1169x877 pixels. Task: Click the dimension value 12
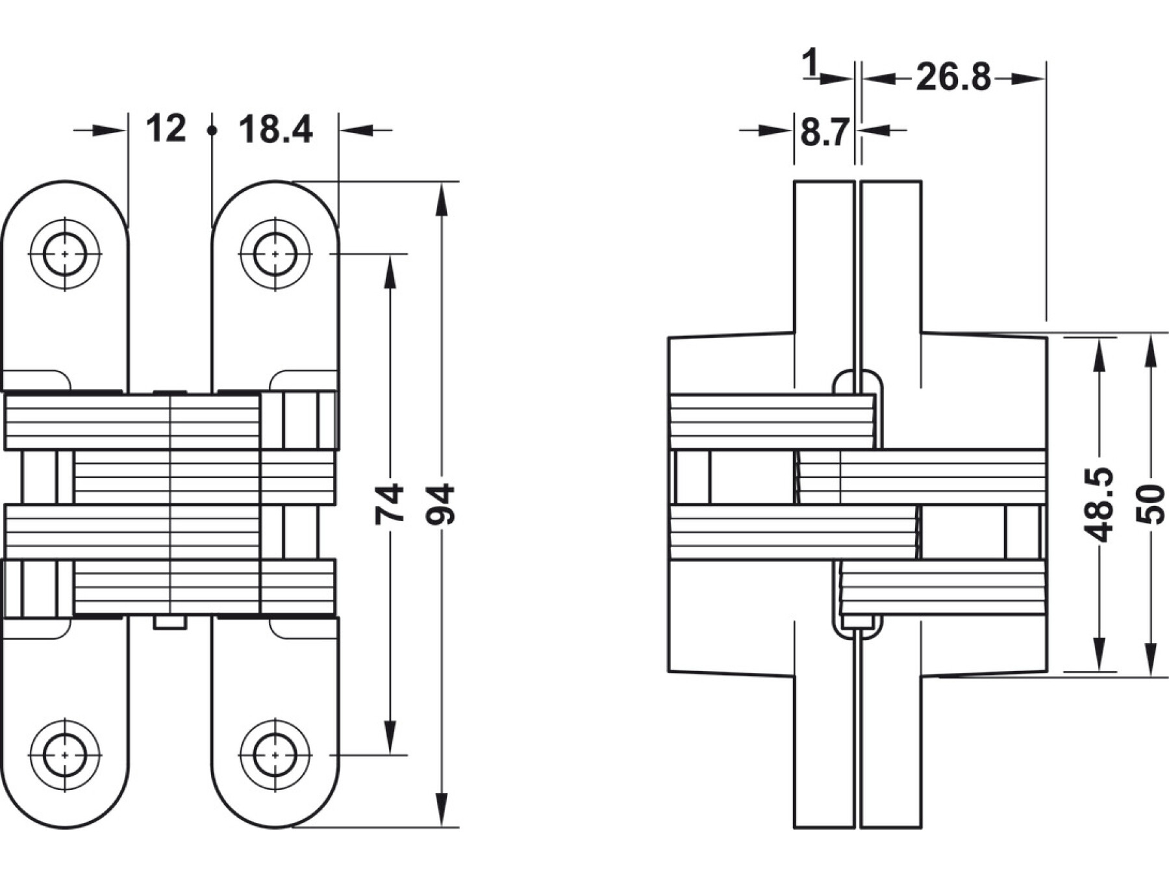166,129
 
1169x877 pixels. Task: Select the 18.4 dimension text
275,129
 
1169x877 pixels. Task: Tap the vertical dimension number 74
390,503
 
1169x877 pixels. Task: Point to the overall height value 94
442,503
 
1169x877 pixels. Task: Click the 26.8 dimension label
953,78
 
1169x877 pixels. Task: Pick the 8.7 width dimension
824,133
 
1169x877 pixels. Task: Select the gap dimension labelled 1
810,64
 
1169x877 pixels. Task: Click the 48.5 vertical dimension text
1100,503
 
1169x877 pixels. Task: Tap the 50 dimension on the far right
1150,503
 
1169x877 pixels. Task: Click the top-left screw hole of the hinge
65,253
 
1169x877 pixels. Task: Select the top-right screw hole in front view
275,253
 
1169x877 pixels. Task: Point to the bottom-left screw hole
65,755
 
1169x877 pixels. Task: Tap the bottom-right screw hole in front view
275,755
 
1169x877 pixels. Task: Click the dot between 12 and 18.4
212,131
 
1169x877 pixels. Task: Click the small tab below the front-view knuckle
170,623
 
